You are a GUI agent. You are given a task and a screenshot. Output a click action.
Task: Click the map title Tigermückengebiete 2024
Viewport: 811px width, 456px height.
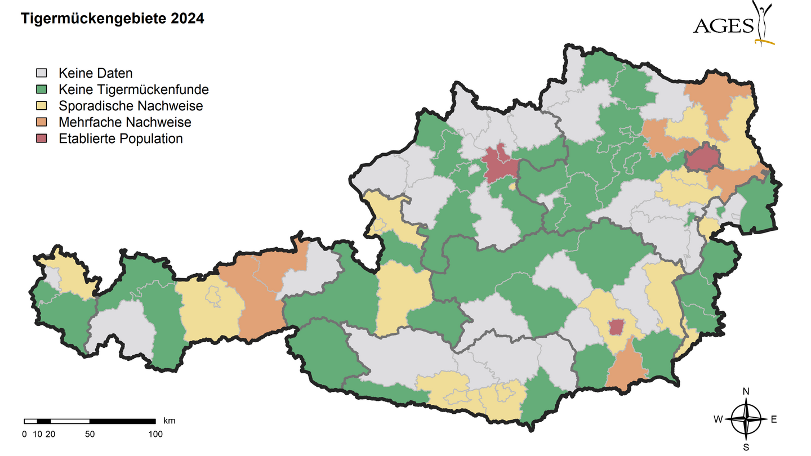pyautogui.click(x=112, y=19)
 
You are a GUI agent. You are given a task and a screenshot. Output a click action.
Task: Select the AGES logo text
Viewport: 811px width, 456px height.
pyautogui.click(x=723, y=26)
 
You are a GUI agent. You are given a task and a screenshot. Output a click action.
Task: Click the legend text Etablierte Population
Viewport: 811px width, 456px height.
pyautogui.click(x=121, y=138)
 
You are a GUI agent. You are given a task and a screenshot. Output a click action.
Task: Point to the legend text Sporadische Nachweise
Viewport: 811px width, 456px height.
pyautogui.click(x=131, y=106)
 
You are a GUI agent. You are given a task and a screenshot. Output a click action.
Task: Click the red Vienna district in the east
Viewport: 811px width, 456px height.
pyautogui.click(x=702, y=158)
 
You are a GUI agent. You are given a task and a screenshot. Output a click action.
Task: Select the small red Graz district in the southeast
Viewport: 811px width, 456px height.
pyautogui.click(x=617, y=326)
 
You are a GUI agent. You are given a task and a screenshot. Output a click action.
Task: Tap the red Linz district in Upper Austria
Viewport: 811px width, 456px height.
pyautogui.click(x=500, y=164)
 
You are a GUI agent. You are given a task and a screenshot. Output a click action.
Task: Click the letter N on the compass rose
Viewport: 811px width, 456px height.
pyautogui.click(x=746, y=391)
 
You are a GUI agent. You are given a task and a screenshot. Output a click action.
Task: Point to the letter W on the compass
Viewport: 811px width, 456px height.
pyautogui.click(x=718, y=419)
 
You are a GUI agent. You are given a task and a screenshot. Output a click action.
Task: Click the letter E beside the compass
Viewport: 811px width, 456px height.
pyautogui.click(x=774, y=419)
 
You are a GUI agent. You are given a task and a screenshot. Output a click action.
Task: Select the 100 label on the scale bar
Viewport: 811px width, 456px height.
pyautogui.click(x=155, y=434)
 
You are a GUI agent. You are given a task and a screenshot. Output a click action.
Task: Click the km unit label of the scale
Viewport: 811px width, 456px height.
pyautogui.click(x=170, y=421)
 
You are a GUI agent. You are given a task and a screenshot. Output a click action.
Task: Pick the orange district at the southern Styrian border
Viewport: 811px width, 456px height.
pyautogui.click(x=627, y=369)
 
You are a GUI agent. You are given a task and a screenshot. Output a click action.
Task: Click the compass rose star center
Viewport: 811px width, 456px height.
pyautogui.click(x=746, y=419)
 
